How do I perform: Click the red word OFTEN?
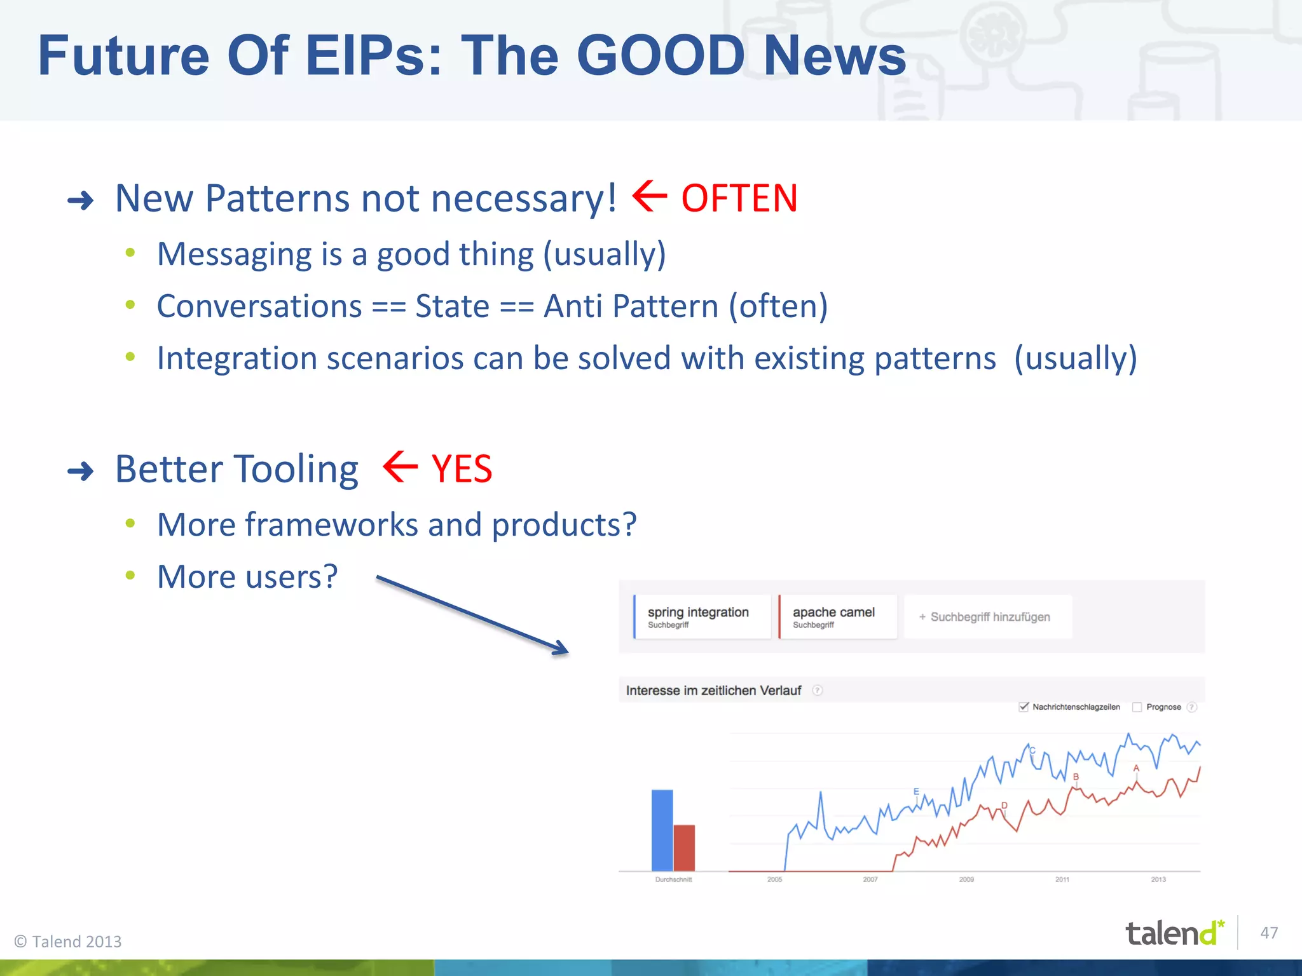(x=739, y=198)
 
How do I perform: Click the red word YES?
(x=462, y=470)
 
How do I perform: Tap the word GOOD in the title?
(x=661, y=56)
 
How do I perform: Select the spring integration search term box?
(x=702, y=616)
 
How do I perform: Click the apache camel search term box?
(x=837, y=616)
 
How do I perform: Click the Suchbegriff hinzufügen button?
(x=987, y=616)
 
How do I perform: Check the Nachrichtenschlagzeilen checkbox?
(x=1024, y=707)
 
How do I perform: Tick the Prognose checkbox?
(x=1137, y=707)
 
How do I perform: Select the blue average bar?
(x=662, y=829)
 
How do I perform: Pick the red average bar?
(x=684, y=847)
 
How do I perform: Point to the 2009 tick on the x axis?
(x=966, y=879)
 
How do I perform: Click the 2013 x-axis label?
(x=1158, y=879)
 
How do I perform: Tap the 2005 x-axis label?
(x=774, y=879)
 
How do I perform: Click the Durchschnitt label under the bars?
(x=673, y=879)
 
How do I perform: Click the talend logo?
(x=1174, y=933)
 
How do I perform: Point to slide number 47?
(x=1269, y=933)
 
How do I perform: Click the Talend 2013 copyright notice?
(x=68, y=941)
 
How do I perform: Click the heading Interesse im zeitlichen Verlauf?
(x=713, y=691)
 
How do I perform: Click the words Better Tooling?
(x=236, y=470)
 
